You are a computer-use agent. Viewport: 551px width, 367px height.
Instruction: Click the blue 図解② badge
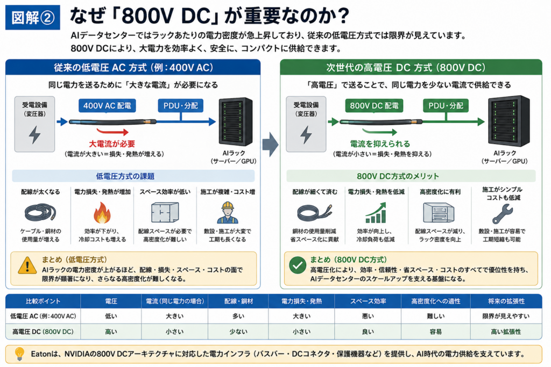tap(33, 17)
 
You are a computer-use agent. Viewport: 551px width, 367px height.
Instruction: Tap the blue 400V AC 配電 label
tap(107, 106)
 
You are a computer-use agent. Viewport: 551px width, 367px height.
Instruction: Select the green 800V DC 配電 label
tap(374, 106)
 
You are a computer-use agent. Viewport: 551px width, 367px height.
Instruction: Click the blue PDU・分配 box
tap(181, 106)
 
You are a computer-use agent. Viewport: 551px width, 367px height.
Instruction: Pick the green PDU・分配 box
tap(446, 106)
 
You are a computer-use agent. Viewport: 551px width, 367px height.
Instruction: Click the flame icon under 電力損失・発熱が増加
tap(102, 213)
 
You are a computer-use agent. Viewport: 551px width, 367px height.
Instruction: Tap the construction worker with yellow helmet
tap(228, 213)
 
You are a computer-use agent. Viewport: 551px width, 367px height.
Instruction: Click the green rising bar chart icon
tap(376, 213)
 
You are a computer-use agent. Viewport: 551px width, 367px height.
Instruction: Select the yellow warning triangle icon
tap(27, 265)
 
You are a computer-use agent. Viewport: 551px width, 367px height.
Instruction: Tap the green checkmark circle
tap(298, 265)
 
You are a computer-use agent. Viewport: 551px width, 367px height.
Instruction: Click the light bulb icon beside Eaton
tap(20, 354)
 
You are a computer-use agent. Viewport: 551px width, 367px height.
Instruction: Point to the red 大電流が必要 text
tap(112, 143)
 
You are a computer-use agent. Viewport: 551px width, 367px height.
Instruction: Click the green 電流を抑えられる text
tap(380, 143)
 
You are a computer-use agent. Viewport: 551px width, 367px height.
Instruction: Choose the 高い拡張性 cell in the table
tap(506, 332)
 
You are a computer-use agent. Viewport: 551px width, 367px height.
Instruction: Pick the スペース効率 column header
tap(368, 301)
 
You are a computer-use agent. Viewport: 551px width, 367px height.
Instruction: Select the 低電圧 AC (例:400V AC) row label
tap(43, 316)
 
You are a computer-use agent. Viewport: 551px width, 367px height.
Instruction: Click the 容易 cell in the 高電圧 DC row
tap(435, 332)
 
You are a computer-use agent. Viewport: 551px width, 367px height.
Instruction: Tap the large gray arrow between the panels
tap(271, 144)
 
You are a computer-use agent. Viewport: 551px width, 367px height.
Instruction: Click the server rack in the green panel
tap(509, 121)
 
